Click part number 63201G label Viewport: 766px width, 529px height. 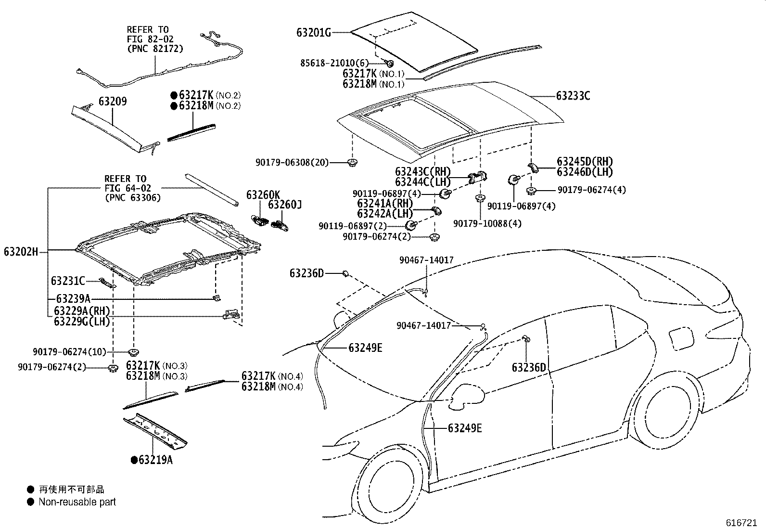click(x=314, y=33)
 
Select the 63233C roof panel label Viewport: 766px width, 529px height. click(x=573, y=96)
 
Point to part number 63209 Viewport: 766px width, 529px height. click(x=113, y=102)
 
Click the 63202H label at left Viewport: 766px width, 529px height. click(x=21, y=251)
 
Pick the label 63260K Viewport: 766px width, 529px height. click(x=263, y=195)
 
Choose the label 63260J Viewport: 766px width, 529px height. click(x=284, y=205)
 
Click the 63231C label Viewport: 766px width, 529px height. click(x=68, y=281)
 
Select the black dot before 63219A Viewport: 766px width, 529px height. click(x=134, y=460)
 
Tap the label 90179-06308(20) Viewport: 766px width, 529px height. click(x=292, y=163)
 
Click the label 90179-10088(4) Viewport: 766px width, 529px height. click(x=487, y=223)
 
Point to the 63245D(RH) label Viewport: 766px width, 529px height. click(x=585, y=161)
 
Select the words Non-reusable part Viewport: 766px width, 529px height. click(x=77, y=502)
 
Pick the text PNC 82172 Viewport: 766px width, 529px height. click(x=155, y=49)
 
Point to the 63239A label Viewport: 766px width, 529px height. click(x=73, y=299)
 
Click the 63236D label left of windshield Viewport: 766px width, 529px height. click(x=306, y=273)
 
